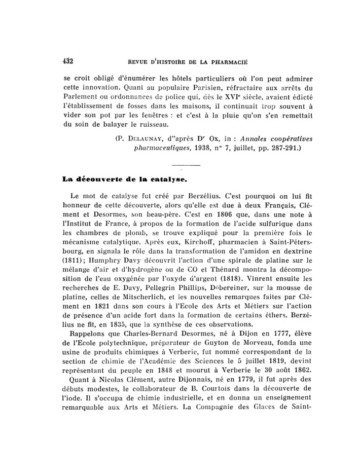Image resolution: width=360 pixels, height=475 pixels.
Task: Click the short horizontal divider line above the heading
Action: click(186, 165)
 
